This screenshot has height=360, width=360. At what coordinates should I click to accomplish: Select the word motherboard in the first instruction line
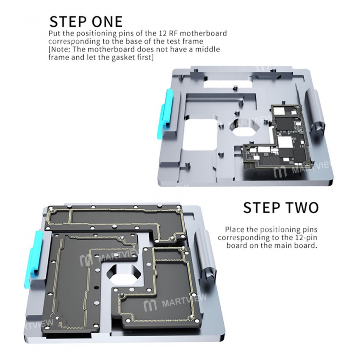click(207, 33)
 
